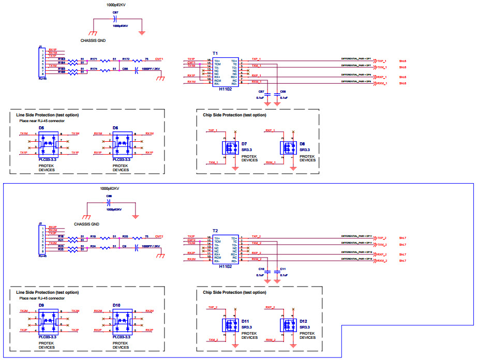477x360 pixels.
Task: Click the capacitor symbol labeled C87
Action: [x=115, y=18]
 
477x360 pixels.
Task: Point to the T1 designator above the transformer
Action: [x=215, y=54]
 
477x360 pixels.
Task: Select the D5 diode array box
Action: [x=49, y=143]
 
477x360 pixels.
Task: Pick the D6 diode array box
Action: [x=123, y=143]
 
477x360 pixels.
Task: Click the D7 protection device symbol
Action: [x=230, y=148]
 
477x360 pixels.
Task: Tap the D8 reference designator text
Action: [x=302, y=143]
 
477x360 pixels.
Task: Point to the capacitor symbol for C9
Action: [x=137, y=247]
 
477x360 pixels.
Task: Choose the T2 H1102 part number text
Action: [x=225, y=266]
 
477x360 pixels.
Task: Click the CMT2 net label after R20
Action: [x=159, y=236]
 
